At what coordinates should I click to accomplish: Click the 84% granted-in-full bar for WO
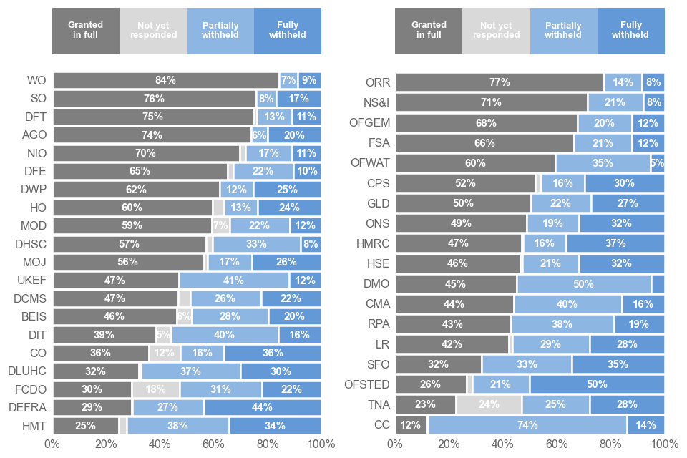[165, 80]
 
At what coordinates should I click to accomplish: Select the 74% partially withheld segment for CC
[527, 425]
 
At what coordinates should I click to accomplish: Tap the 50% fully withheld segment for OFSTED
[597, 384]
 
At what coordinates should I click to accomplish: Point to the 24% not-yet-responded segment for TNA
[489, 404]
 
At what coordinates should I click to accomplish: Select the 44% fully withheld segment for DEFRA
[262, 407]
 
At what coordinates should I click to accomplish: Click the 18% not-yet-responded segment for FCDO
[155, 389]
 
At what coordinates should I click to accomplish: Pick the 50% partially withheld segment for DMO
[583, 284]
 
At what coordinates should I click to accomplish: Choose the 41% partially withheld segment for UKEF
[234, 280]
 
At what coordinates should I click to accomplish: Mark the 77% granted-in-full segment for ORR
[499, 82]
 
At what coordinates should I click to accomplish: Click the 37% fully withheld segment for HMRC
[615, 243]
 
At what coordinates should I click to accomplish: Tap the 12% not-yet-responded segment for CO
[165, 353]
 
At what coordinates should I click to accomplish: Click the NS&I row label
[376, 102]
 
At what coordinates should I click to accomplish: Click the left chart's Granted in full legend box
[85, 30]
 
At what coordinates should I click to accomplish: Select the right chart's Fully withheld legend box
[630, 30]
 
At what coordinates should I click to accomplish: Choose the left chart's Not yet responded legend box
[152, 30]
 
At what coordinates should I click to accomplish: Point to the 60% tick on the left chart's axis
[213, 444]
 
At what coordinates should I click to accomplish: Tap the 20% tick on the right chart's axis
[449, 444]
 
